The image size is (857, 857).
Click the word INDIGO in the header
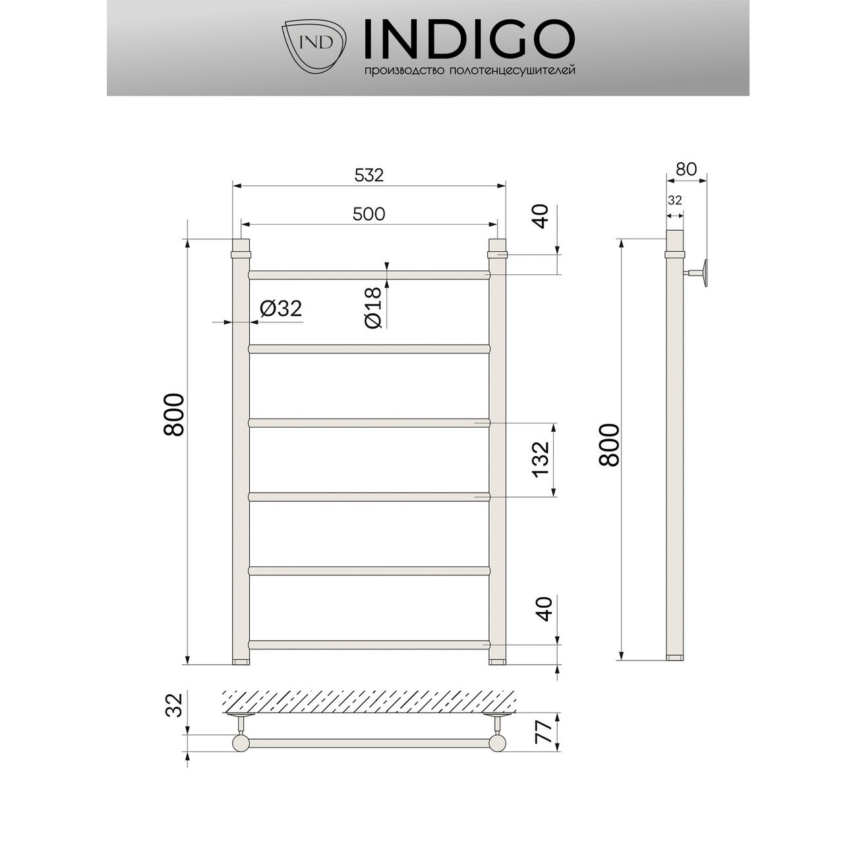click(x=469, y=39)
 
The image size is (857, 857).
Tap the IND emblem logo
click(x=315, y=42)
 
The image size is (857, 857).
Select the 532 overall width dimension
click(x=369, y=175)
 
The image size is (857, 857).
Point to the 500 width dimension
click(x=369, y=214)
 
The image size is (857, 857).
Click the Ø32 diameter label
click(x=281, y=309)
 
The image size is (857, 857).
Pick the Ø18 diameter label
click(x=372, y=308)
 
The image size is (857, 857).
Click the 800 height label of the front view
click(x=174, y=415)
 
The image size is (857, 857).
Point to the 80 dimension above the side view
click(x=686, y=169)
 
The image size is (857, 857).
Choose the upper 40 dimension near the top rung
click(x=541, y=217)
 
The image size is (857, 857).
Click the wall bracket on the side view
click(x=700, y=274)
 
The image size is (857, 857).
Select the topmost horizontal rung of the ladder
click(x=369, y=274)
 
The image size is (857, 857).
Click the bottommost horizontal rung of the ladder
click(x=369, y=644)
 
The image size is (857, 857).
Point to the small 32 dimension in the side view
click(x=674, y=200)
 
